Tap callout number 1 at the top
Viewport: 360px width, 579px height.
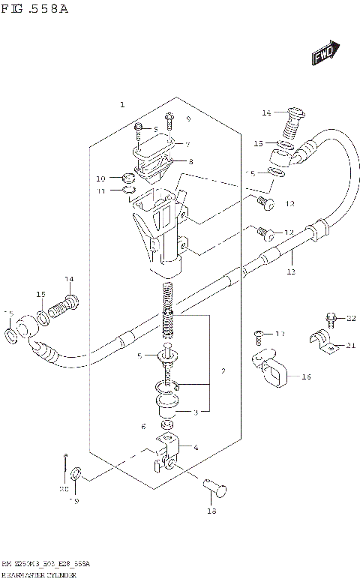[122, 105]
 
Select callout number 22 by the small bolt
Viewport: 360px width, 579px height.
[351, 319]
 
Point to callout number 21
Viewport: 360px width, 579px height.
[350, 345]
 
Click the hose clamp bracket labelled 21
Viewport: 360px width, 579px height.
[322, 341]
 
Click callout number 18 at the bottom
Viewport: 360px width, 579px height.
[211, 511]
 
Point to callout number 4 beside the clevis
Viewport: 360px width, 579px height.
[196, 448]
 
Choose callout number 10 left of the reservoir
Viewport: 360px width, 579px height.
[101, 178]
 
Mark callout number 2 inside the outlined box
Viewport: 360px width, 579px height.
[223, 370]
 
